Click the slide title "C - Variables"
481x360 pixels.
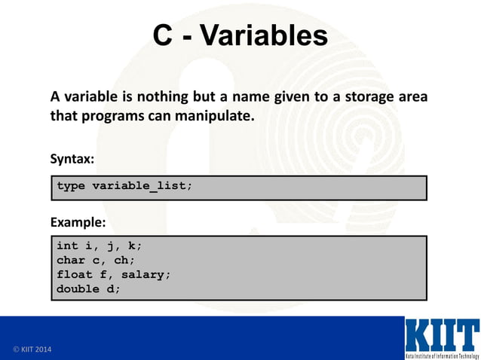[240, 35]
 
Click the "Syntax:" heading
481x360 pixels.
[72, 159]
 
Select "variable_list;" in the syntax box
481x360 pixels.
[142, 186]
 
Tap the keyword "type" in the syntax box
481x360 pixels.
[71, 186]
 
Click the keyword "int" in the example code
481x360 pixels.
[67, 246]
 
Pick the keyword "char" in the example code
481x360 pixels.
[71, 260]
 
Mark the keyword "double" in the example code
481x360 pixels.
[78, 288]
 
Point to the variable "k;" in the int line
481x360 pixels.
[135, 246]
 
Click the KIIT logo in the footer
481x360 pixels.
[441, 337]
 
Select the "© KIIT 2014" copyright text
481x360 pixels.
[33, 350]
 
